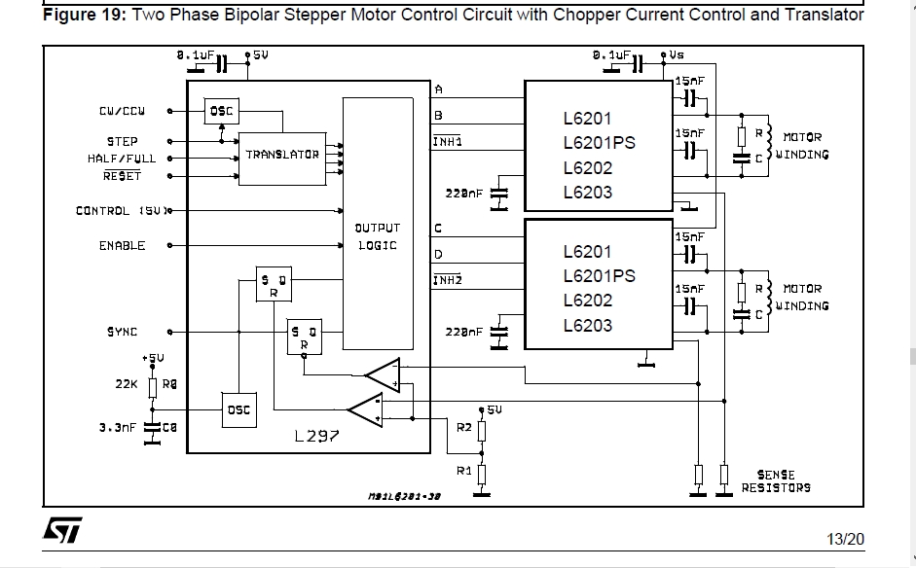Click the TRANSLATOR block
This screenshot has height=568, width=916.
(x=282, y=155)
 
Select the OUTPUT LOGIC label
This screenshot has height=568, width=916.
(x=377, y=236)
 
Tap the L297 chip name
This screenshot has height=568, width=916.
(x=317, y=437)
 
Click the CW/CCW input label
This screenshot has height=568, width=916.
(x=122, y=112)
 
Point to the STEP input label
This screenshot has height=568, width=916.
(x=122, y=141)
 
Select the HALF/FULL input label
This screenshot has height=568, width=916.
(x=121, y=159)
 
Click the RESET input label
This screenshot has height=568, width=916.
(x=122, y=176)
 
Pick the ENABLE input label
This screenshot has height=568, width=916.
(x=122, y=246)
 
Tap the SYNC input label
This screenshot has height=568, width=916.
(x=122, y=332)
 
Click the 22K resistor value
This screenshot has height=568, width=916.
(x=127, y=384)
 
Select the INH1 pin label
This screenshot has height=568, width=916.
(x=447, y=141)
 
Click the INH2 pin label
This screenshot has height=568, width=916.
(x=447, y=280)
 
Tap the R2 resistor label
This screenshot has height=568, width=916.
(x=464, y=427)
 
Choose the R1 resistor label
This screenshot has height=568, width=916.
(x=464, y=470)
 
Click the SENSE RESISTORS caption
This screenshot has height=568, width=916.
(x=775, y=481)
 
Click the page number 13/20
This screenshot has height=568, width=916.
(x=845, y=538)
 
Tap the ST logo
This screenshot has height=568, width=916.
(x=62, y=530)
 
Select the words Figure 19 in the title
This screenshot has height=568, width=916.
(x=83, y=15)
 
